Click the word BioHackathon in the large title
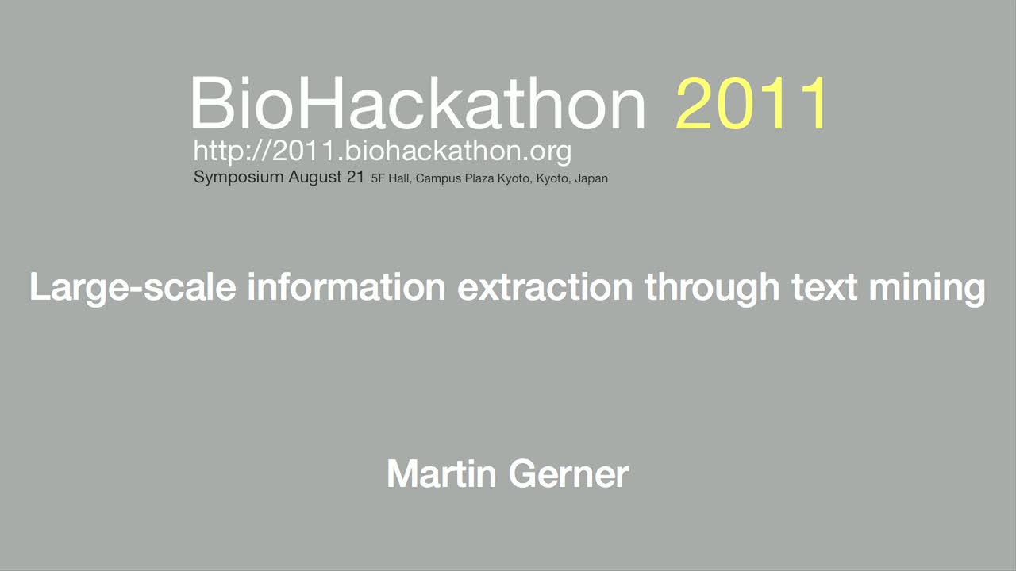[x=418, y=103]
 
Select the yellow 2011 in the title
[x=751, y=103]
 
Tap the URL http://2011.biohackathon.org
[x=383, y=151]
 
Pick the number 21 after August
[x=355, y=176]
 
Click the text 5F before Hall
[x=378, y=178]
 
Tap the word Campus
[x=438, y=179]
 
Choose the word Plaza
[x=479, y=178]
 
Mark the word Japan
[x=591, y=179]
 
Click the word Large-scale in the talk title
[x=133, y=288]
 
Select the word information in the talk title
[x=346, y=286]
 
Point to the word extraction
[x=545, y=287]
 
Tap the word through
[x=712, y=288]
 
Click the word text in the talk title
[x=824, y=287]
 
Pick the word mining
[x=927, y=288]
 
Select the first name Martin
[x=441, y=473]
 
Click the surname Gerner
[x=569, y=473]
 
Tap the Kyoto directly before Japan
[x=552, y=179]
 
